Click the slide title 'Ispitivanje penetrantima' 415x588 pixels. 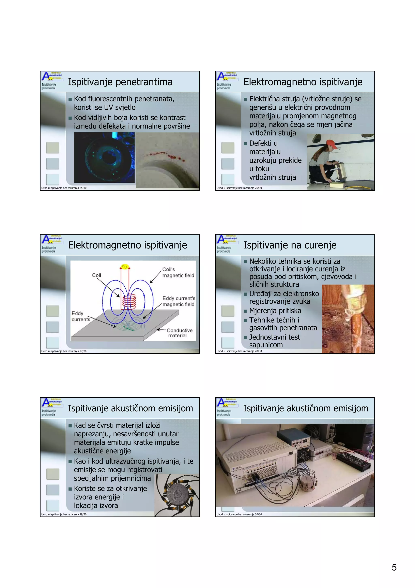click(x=120, y=82)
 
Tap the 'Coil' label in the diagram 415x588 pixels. click(x=96, y=275)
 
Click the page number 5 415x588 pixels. click(x=394, y=568)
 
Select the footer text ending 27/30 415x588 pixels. click(x=64, y=351)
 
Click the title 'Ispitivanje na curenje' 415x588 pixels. click(x=290, y=245)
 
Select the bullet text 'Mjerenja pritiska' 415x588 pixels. click(x=275, y=311)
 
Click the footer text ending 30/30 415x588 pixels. click(x=239, y=514)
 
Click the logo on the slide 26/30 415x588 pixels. click(x=227, y=77)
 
